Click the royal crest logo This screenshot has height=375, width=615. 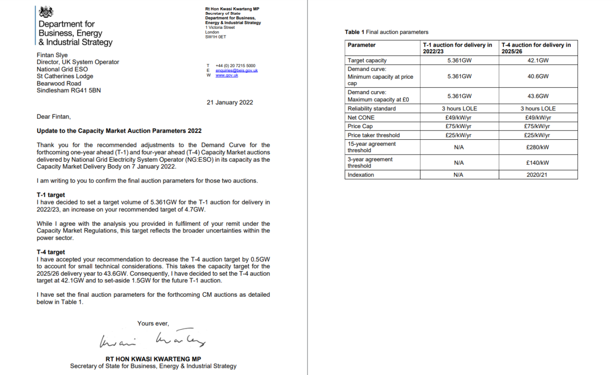45,12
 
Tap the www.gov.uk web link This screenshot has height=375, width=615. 227,75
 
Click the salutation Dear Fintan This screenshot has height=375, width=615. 53,116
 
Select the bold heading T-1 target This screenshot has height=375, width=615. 50,195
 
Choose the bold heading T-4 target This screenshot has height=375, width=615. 50,252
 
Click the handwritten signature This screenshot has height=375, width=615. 153,340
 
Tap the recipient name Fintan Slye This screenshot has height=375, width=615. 52,55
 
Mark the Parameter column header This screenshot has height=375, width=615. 361,45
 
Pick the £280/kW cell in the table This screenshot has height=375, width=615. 538,147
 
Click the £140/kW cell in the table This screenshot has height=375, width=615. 538,163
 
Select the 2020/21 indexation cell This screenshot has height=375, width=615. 538,175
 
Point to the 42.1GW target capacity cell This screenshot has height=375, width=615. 538,60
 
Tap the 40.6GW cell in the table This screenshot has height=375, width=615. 538,76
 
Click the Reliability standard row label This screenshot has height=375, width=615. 371,109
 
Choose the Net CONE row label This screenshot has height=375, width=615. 361,118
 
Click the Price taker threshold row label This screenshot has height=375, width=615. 373,135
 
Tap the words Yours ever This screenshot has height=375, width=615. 153,324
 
